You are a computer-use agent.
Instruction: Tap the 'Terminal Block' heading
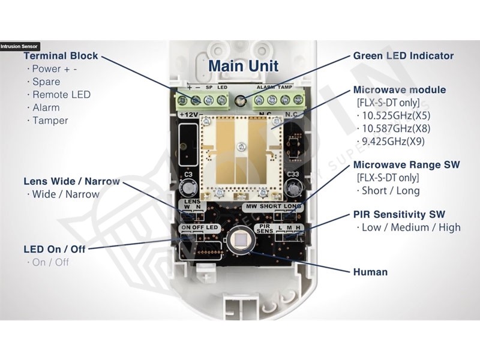click(x=60, y=56)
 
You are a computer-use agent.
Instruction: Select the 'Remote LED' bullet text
click(x=61, y=95)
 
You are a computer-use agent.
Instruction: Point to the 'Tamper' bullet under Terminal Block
click(x=50, y=121)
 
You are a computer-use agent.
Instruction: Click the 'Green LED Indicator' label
click(x=403, y=56)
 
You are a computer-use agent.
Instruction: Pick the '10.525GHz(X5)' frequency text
click(x=397, y=115)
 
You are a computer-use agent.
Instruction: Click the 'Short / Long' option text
click(x=391, y=191)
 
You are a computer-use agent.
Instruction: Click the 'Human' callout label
click(x=370, y=272)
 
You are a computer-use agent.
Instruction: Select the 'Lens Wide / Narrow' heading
click(x=71, y=181)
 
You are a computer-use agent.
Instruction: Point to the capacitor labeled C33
click(x=293, y=187)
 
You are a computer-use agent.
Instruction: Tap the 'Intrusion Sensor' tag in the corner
click(x=19, y=46)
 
